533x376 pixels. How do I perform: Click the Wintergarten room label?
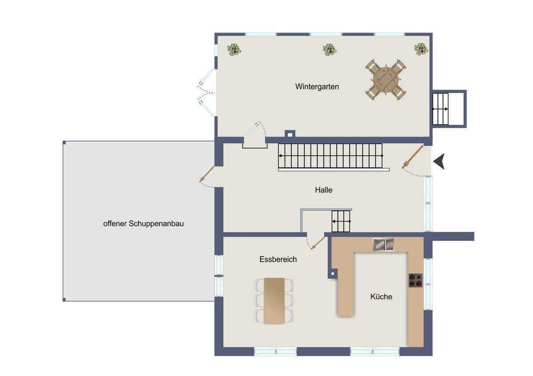tap(317, 86)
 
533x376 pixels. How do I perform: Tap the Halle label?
tap(324, 190)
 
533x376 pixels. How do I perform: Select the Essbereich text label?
tap(278, 259)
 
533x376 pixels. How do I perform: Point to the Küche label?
tap(381, 297)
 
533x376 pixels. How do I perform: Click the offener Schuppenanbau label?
tap(143, 223)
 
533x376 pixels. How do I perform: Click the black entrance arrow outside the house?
tap(439, 161)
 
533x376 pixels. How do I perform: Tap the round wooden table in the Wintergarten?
tap(386, 80)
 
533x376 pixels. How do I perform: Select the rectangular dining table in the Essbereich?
tap(274, 301)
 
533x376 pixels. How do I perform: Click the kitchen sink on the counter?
tap(383, 244)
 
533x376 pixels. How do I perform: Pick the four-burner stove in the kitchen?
tap(416, 281)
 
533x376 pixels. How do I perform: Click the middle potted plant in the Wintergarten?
tap(330, 50)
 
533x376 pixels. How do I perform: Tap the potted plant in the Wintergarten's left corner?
tap(234, 50)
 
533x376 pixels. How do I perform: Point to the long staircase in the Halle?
tap(330, 156)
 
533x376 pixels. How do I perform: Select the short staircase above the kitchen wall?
tap(341, 221)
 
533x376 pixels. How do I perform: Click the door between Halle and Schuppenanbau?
tap(207, 174)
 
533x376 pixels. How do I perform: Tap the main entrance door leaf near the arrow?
tap(413, 157)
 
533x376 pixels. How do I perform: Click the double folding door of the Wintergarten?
tap(207, 93)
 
